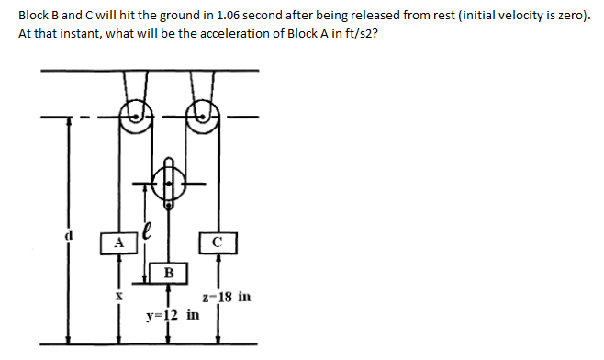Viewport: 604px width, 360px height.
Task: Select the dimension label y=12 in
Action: pyautogui.click(x=173, y=315)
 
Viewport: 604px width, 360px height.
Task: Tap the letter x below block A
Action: pyautogui.click(x=118, y=297)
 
